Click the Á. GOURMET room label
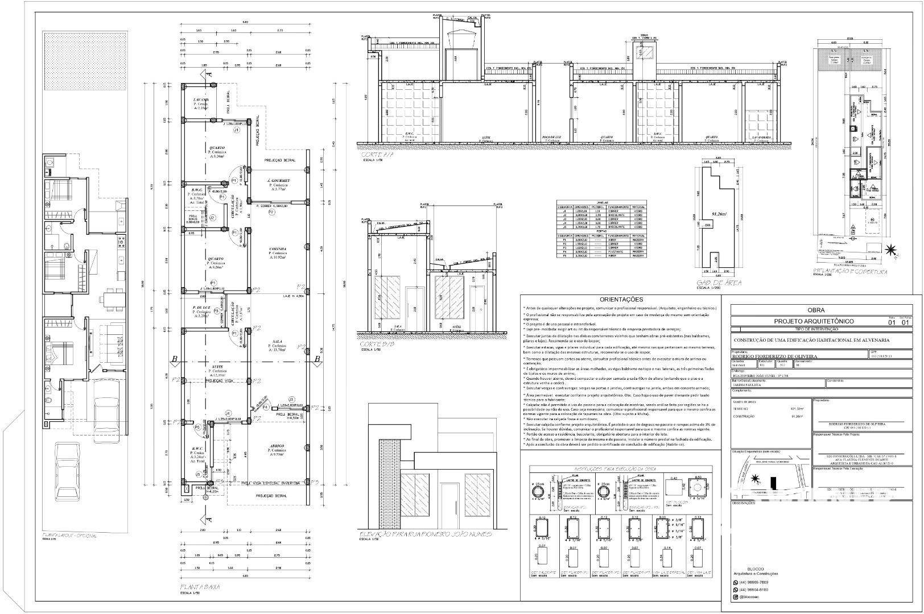(279, 181)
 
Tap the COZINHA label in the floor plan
(278, 249)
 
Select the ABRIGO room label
(277, 445)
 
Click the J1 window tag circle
(236, 130)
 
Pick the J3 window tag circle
(291, 400)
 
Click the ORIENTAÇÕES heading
(621, 300)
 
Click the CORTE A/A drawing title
(377, 154)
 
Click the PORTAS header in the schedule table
(602, 231)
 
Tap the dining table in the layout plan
(112, 298)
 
